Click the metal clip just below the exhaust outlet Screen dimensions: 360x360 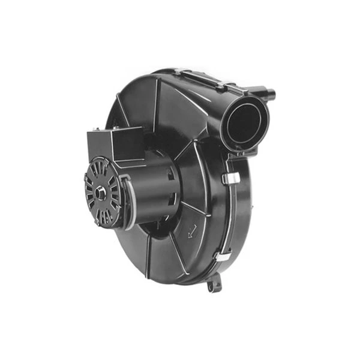pos(228,178)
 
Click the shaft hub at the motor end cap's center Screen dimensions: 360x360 pos(101,193)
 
